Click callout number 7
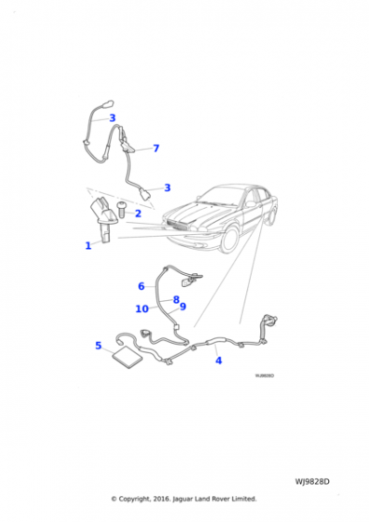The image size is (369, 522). [156, 148]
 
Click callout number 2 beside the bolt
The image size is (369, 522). [137, 213]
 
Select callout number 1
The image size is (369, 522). [89, 246]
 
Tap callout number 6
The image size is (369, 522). [142, 286]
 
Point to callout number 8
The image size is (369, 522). [175, 299]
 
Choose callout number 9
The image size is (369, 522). [183, 307]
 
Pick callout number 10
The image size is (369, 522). [142, 309]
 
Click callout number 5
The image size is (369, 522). [98, 346]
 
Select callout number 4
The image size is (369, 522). [218, 360]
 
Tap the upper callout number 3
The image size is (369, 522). [112, 118]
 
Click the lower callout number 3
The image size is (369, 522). [167, 187]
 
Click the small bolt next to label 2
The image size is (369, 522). [120, 213]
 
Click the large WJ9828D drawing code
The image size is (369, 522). [313, 482]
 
